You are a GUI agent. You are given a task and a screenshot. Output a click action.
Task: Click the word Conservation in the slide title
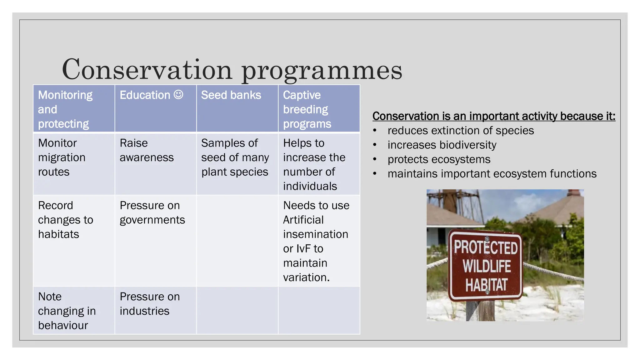click(147, 69)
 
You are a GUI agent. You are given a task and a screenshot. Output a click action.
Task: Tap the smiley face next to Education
click(178, 94)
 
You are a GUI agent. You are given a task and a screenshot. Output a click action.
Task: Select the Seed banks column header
click(231, 95)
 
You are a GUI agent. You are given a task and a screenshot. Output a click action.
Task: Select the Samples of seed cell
click(235, 157)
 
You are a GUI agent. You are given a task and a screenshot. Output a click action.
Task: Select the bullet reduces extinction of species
click(461, 130)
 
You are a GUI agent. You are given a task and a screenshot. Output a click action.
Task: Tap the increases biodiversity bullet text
click(442, 145)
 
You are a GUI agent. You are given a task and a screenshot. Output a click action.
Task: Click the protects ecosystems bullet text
click(439, 159)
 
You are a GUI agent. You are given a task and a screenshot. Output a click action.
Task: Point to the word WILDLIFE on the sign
click(487, 266)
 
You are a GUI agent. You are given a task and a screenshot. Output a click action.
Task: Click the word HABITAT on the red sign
click(486, 285)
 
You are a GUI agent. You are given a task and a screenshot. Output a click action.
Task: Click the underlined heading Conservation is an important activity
click(493, 116)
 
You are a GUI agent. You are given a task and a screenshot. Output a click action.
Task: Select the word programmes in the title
click(322, 71)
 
